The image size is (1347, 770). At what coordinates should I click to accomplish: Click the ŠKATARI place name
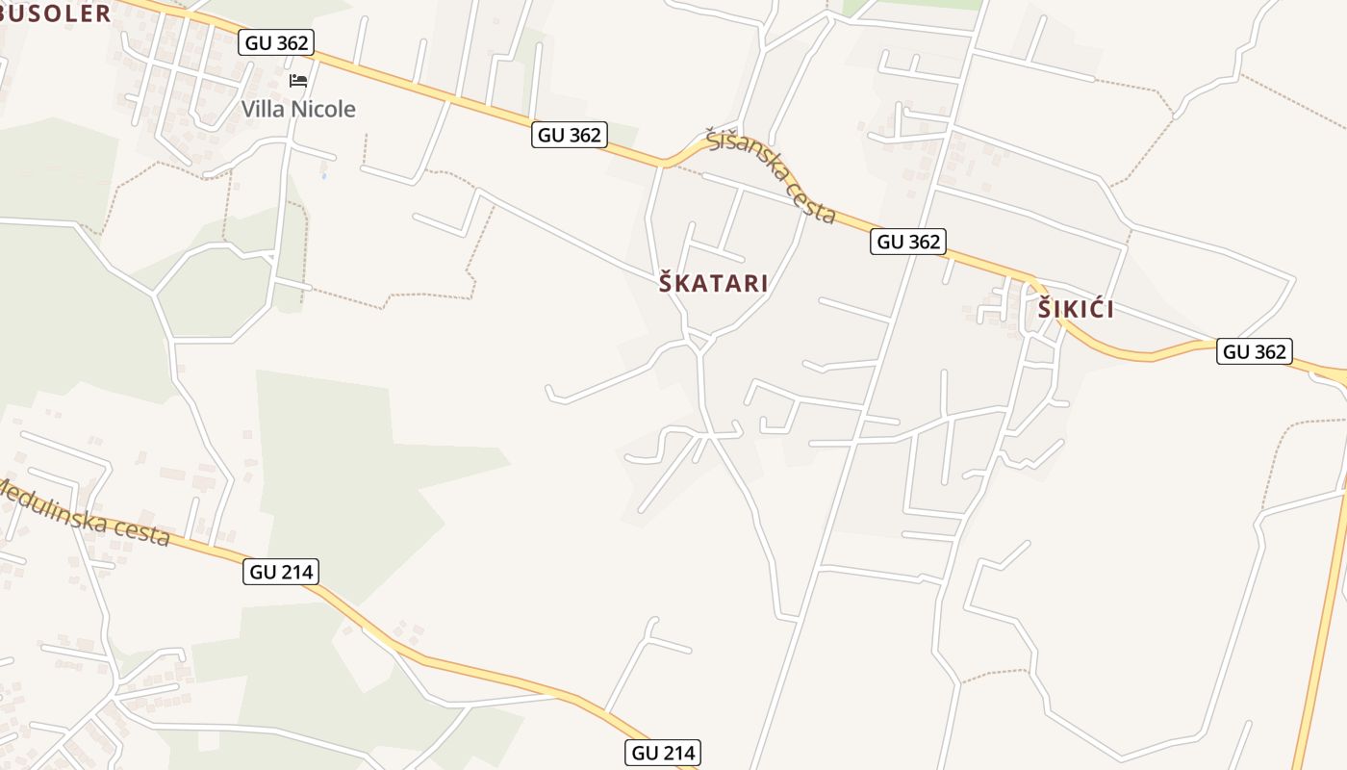[713, 283]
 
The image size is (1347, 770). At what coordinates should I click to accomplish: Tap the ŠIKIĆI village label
[1076, 309]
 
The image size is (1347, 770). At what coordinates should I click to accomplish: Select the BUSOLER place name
[56, 13]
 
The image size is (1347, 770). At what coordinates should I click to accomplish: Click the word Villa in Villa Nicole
[263, 109]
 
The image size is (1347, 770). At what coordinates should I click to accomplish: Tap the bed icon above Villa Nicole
[298, 80]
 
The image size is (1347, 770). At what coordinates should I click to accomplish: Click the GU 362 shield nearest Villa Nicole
[277, 42]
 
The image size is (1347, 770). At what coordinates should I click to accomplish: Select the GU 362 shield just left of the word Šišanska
[570, 135]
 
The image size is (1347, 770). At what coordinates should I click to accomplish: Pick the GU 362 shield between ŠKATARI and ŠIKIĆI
[908, 242]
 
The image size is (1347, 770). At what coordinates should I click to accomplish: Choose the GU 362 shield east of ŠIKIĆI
[1253, 351]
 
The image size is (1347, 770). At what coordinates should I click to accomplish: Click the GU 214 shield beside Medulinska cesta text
[281, 572]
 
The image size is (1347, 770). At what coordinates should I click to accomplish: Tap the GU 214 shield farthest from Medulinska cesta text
[662, 753]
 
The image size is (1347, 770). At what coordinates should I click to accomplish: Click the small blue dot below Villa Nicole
[324, 176]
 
